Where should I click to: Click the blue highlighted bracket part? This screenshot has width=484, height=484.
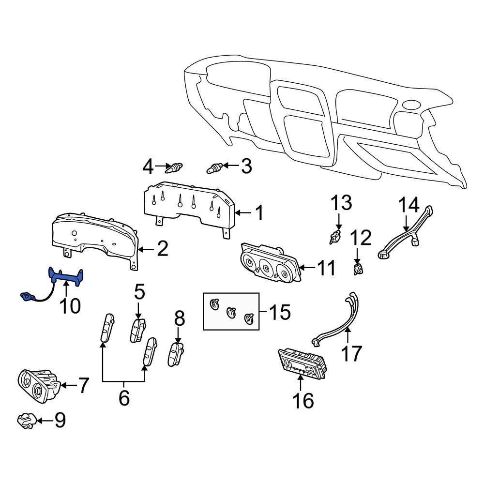pos(66,277)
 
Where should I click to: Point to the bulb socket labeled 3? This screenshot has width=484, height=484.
pos(214,168)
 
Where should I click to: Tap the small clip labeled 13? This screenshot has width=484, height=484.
pos(334,238)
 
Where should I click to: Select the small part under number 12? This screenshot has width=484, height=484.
pos(358,269)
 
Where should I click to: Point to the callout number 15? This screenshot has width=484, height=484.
pos(280,313)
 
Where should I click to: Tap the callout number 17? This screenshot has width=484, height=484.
pos(351,353)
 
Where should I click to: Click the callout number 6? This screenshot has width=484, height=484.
pos(124,398)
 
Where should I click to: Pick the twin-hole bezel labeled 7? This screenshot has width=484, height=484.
pos(38,384)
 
